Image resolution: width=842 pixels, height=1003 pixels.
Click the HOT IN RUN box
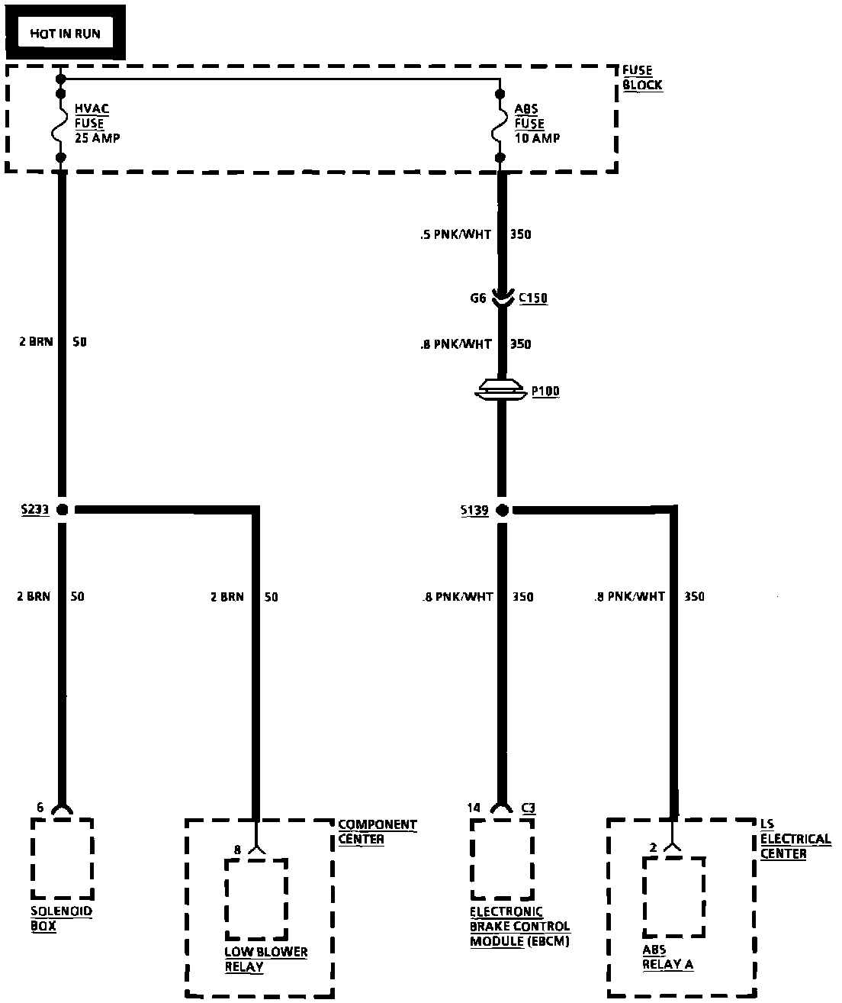(x=65, y=33)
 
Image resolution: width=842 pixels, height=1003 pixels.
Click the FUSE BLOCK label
(x=642, y=78)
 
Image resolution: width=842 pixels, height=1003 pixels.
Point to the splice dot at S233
(x=62, y=509)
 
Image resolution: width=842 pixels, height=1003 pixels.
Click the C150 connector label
(x=533, y=298)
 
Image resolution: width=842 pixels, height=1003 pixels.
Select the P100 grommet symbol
(x=501, y=391)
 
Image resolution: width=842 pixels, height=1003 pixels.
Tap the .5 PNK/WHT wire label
(x=455, y=234)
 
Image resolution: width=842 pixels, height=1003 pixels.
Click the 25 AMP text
(x=97, y=138)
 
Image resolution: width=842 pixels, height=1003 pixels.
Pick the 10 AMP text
(x=537, y=138)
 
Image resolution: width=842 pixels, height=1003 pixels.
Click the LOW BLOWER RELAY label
(x=265, y=959)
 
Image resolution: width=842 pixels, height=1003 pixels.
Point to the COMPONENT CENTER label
(x=377, y=832)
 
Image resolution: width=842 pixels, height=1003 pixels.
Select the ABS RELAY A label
(x=667, y=957)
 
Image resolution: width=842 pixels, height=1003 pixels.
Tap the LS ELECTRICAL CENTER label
(x=795, y=839)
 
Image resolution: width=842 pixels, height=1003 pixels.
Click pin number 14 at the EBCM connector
(x=474, y=807)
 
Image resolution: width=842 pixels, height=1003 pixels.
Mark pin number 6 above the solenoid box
(x=40, y=807)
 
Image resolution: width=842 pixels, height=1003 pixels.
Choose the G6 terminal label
(x=477, y=298)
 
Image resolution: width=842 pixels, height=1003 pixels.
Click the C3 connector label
(x=529, y=807)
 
